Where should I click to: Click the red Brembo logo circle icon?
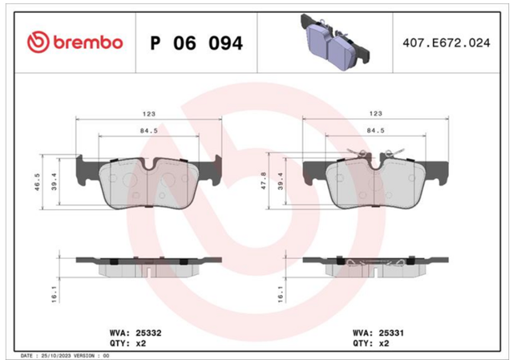(x=38, y=42)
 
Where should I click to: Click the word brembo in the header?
(x=88, y=42)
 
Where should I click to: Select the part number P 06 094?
(x=196, y=42)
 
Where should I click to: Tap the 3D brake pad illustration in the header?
(x=335, y=42)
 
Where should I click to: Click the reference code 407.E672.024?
(x=446, y=42)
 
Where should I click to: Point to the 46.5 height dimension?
(x=38, y=182)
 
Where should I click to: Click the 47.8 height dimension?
(x=264, y=180)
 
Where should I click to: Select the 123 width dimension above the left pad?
(x=149, y=114)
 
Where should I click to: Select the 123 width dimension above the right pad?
(x=376, y=113)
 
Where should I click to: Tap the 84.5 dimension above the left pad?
(x=149, y=131)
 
